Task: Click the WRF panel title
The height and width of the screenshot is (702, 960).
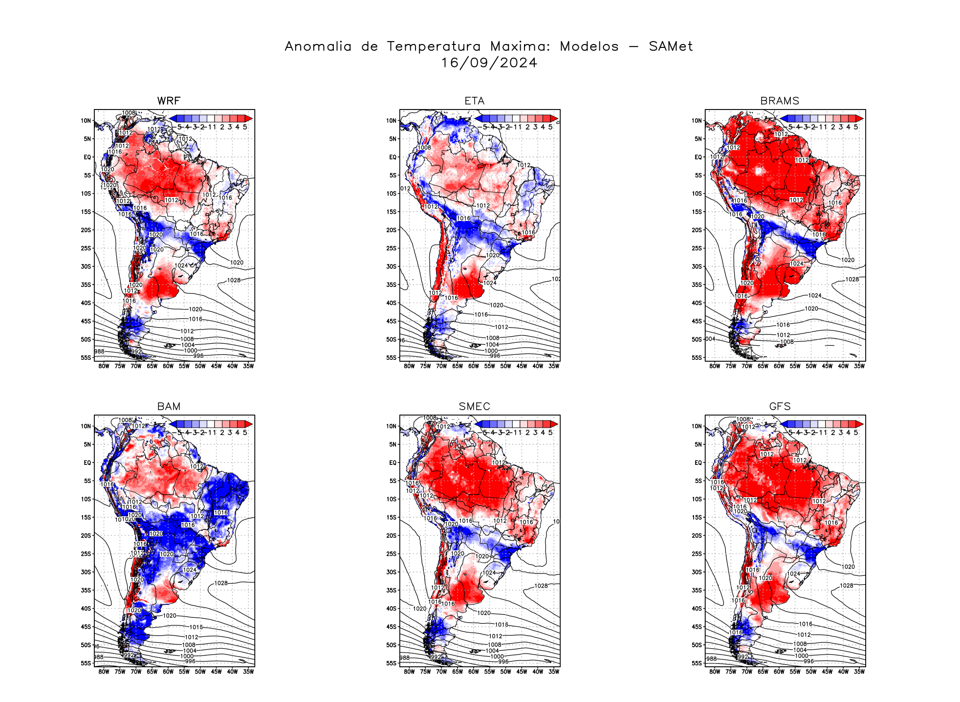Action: click(169, 101)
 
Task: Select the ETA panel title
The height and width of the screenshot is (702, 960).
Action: click(474, 101)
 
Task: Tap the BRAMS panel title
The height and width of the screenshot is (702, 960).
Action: click(780, 101)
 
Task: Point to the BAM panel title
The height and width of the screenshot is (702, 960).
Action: click(169, 406)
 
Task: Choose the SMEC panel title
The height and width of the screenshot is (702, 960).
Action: click(474, 406)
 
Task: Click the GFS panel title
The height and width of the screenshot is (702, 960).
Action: click(780, 406)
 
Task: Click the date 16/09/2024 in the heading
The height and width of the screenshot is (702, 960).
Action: click(489, 63)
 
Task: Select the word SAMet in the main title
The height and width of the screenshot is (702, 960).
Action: click(671, 46)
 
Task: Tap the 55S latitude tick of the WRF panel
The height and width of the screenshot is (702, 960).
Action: click(86, 358)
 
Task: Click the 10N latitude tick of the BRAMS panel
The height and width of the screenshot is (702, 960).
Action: click(697, 121)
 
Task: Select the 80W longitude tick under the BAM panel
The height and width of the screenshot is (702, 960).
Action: click(104, 672)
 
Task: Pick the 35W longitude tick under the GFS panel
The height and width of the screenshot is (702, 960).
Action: click(859, 672)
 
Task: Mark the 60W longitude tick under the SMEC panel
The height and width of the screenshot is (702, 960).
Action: click(473, 672)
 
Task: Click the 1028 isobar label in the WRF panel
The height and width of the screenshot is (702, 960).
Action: click(234, 280)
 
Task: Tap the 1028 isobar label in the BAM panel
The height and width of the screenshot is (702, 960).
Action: click(221, 583)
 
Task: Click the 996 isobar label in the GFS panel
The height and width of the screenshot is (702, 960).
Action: click(809, 661)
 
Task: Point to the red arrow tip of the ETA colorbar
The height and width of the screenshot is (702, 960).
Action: click(554, 118)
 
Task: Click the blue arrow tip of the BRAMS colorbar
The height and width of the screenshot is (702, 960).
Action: click(784, 118)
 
